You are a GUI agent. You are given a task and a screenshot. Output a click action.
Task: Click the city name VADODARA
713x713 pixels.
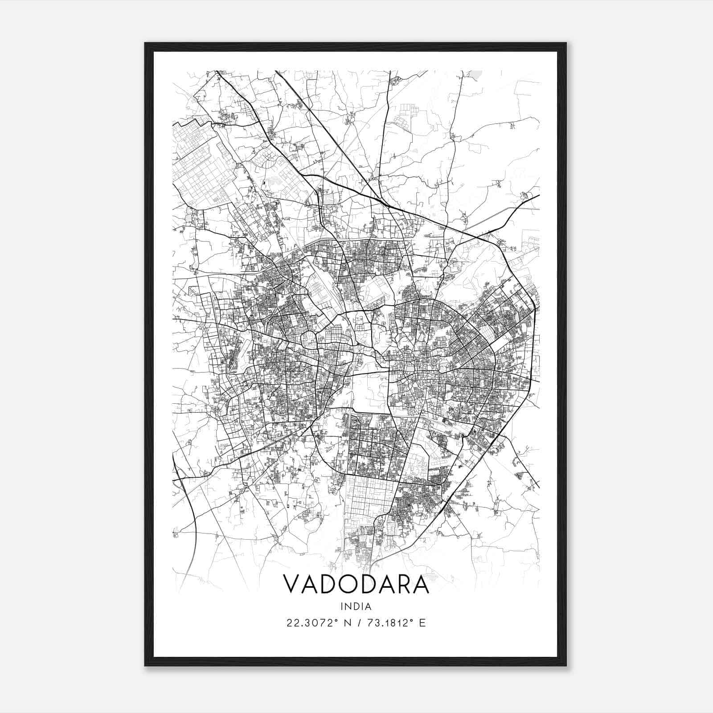click(x=356, y=584)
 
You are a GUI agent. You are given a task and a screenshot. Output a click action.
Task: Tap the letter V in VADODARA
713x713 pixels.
click(x=292, y=584)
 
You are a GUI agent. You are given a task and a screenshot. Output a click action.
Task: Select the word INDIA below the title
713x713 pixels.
click(x=356, y=606)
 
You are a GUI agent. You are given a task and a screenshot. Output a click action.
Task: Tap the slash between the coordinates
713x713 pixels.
click(x=356, y=623)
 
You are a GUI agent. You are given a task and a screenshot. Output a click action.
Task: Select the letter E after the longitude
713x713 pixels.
click(x=422, y=623)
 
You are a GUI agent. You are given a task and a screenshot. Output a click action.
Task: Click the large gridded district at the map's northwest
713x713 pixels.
click(x=201, y=165)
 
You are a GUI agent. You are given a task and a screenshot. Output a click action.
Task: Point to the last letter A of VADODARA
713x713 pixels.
click(x=420, y=584)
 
